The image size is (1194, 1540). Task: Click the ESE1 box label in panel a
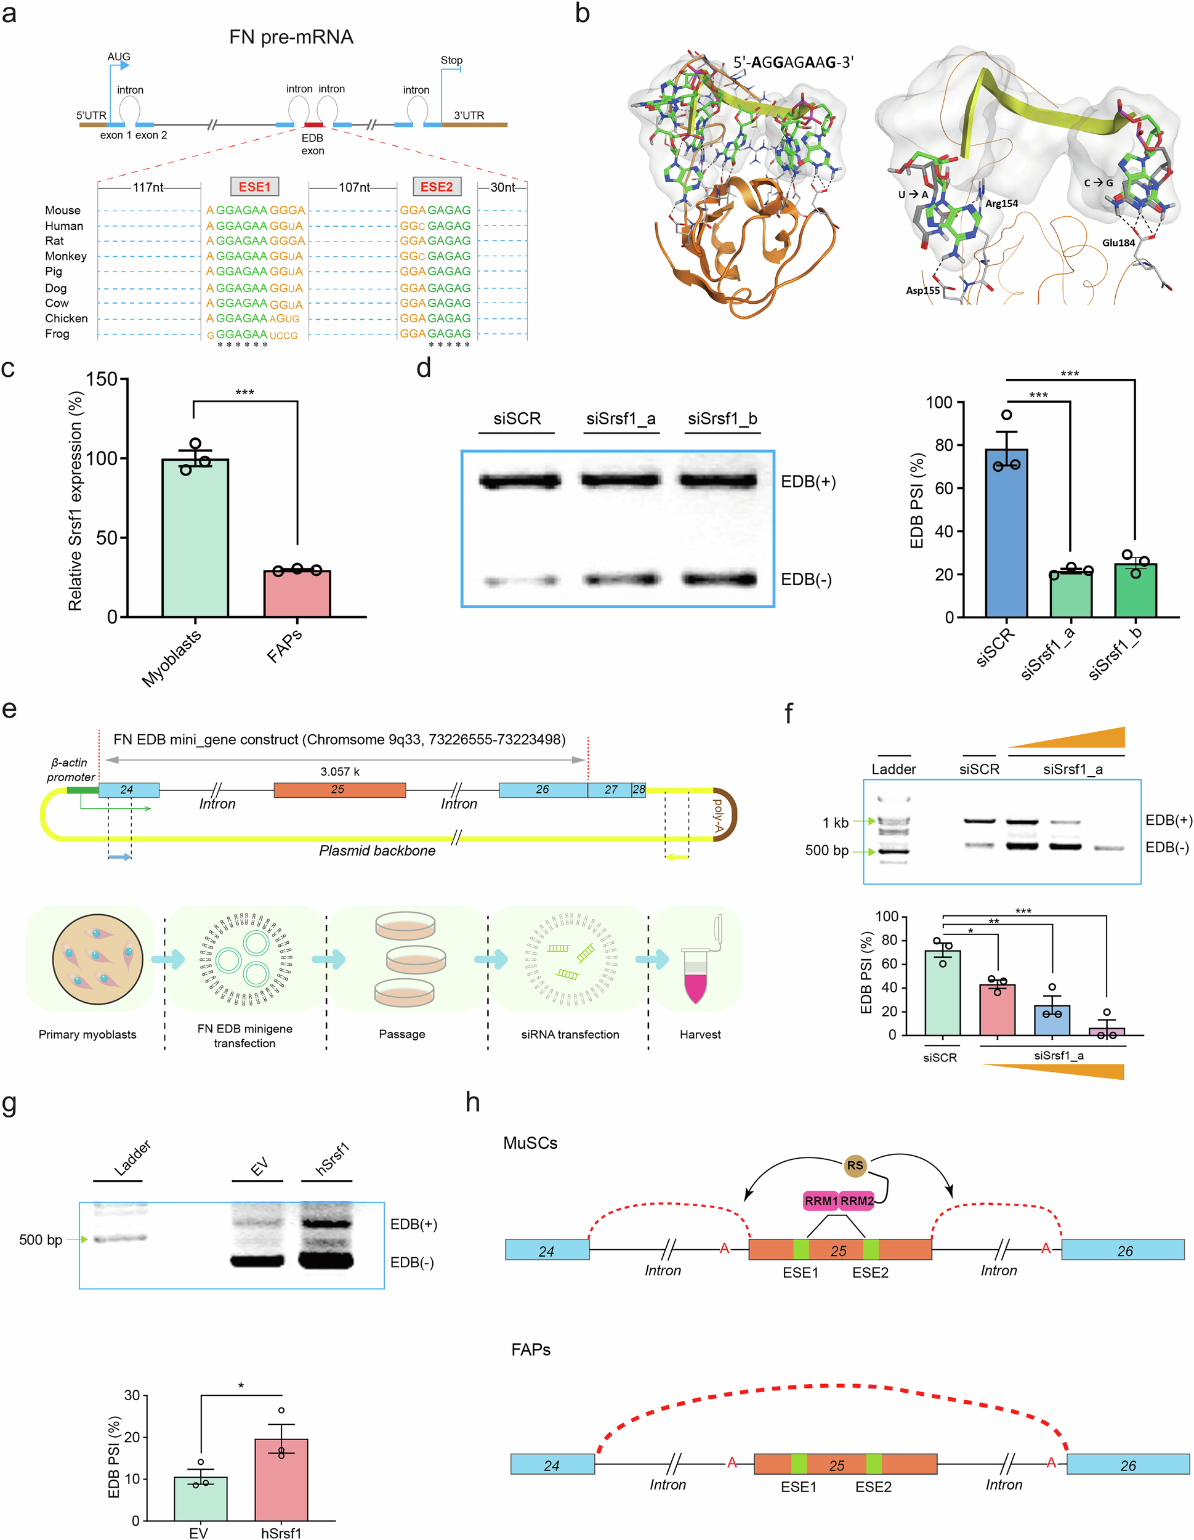click(x=254, y=187)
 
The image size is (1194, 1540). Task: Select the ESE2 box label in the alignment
click(x=437, y=187)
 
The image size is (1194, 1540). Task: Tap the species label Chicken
click(x=67, y=318)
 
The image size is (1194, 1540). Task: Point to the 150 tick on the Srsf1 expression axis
click(x=102, y=379)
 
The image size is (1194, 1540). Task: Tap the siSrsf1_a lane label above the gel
click(x=620, y=419)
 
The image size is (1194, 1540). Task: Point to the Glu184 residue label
click(x=1119, y=243)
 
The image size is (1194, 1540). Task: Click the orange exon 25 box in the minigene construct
click(x=339, y=790)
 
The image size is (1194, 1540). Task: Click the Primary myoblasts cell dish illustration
click(x=98, y=959)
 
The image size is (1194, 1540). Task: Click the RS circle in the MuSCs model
click(x=855, y=1165)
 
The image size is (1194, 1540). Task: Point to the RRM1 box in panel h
click(x=821, y=1201)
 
